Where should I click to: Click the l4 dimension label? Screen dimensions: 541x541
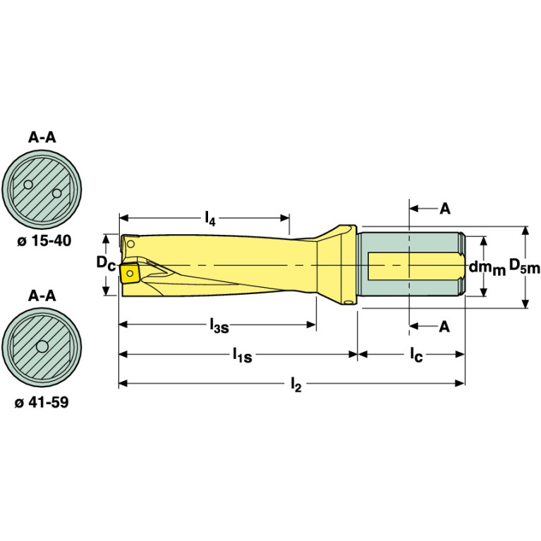point(209,218)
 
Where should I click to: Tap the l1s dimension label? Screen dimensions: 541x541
point(243,355)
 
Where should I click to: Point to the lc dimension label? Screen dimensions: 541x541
point(416,355)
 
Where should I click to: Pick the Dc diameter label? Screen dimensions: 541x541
point(106,264)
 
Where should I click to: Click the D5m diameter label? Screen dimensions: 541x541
point(524,266)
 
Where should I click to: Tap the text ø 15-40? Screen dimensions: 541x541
point(42,241)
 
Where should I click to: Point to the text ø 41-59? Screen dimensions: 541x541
point(42,403)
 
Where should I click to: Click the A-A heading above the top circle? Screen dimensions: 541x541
point(42,138)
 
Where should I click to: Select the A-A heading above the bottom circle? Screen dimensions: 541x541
point(42,296)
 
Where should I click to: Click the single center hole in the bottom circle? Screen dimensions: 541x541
point(42,346)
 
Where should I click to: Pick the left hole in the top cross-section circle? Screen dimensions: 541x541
point(28,186)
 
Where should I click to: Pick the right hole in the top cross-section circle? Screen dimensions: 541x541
point(57,192)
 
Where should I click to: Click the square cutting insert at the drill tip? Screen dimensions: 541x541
point(130,272)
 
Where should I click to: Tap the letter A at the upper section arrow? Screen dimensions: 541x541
point(444,209)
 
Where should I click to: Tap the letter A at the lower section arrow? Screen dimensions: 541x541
point(444,326)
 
